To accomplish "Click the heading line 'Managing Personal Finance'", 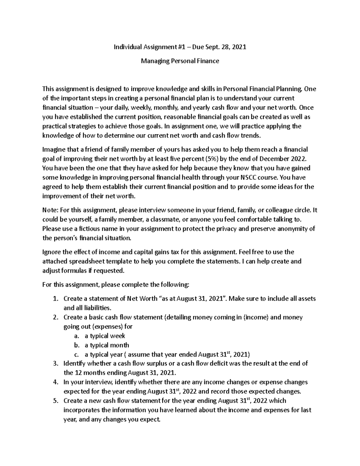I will pos(180,61).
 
